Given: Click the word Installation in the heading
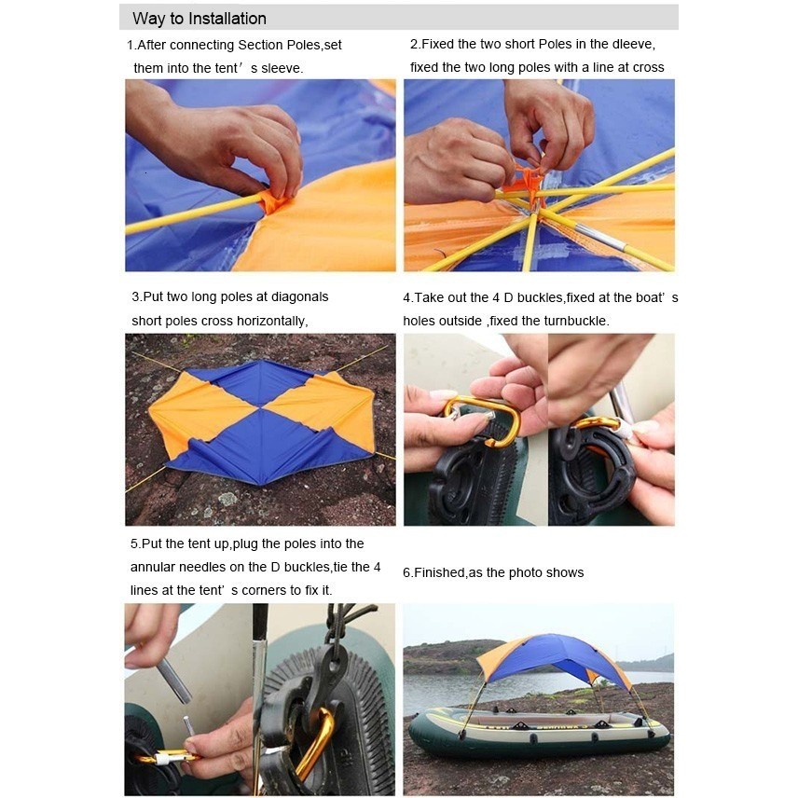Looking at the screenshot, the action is (x=227, y=19).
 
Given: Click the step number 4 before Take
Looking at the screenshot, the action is (x=406, y=297).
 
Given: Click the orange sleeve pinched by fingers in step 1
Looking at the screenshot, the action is (x=275, y=202).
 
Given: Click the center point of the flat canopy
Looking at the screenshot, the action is (x=261, y=407).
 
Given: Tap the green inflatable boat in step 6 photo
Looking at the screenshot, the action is (x=540, y=728).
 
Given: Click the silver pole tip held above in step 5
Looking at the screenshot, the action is (x=174, y=680).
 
